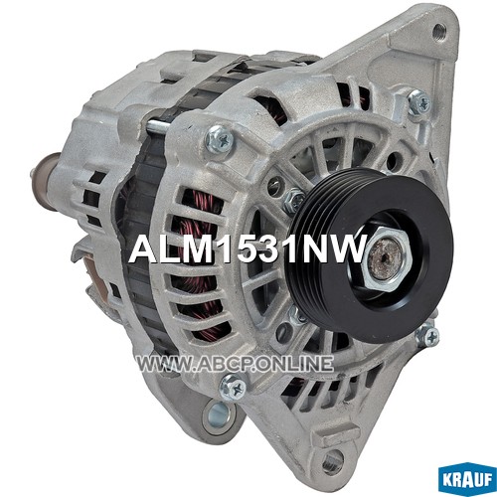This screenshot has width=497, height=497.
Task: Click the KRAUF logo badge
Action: click(467, 479)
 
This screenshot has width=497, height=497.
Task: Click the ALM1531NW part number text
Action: click(248, 248)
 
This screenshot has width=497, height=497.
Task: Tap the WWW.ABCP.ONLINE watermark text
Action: click(235, 364)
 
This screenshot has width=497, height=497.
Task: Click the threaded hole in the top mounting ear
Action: click(439, 32)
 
